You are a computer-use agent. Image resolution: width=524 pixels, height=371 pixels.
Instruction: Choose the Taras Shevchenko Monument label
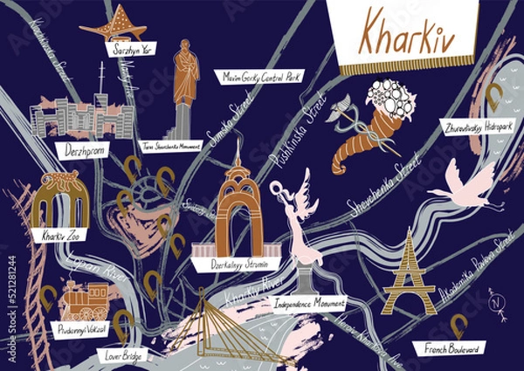pyautogui.click(x=170, y=147)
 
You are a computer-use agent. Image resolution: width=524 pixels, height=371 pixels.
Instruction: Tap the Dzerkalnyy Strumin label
pyautogui.click(x=236, y=261)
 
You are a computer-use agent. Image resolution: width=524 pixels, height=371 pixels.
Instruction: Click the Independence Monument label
pyautogui.click(x=307, y=306)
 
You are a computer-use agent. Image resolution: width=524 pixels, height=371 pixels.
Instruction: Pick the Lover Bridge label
pyautogui.click(x=123, y=355)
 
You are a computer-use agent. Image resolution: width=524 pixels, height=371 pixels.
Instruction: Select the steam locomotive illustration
pyautogui.click(x=85, y=302)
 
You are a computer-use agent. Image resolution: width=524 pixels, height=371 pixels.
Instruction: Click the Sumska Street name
pyautogui.click(x=223, y=126)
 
